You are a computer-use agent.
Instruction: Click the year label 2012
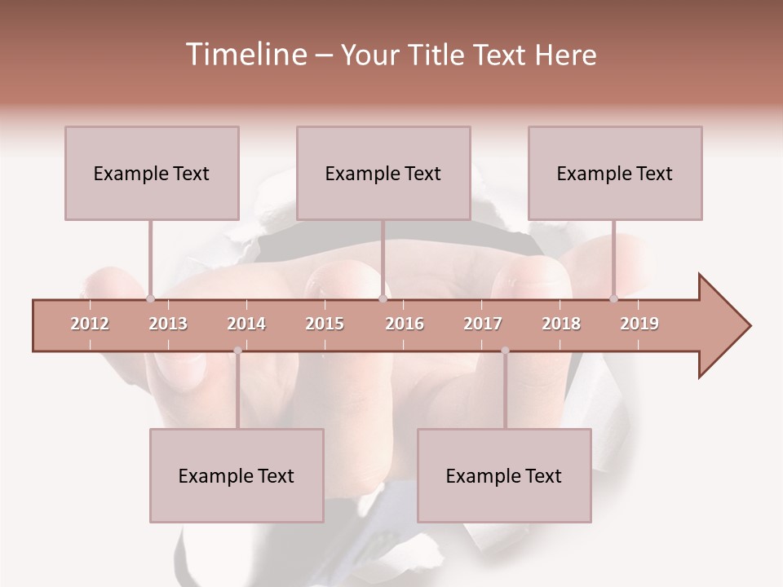(x=90, y=324)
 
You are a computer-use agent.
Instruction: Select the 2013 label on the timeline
(x=168, y=324)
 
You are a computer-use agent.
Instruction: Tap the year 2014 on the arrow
(x=246, y=324)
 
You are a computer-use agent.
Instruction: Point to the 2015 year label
(x=325, y=324)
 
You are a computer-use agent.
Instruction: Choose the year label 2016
(x=405, y=324)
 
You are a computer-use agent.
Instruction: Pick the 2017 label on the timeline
(x=483, y=324)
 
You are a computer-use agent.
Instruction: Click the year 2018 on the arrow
(x=561, y=324)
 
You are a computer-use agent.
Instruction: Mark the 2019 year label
(x=639, y=324)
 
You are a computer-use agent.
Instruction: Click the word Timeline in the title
(x=244, y=55)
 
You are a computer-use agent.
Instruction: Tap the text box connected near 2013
(x=152, y=173)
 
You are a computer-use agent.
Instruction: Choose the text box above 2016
(x=383, y=173)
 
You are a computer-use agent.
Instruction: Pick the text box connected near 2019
(x=615, y=173)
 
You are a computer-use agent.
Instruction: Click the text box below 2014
(x=237, y=475)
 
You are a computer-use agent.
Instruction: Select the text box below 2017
(x=504, y=475)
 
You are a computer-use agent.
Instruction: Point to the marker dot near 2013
(x=150, y=298)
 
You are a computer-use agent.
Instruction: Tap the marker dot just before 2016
(x=383, y=298)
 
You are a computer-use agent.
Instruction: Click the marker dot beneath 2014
(x=237, y=351)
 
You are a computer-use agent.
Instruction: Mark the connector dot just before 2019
(x=614, y=298)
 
